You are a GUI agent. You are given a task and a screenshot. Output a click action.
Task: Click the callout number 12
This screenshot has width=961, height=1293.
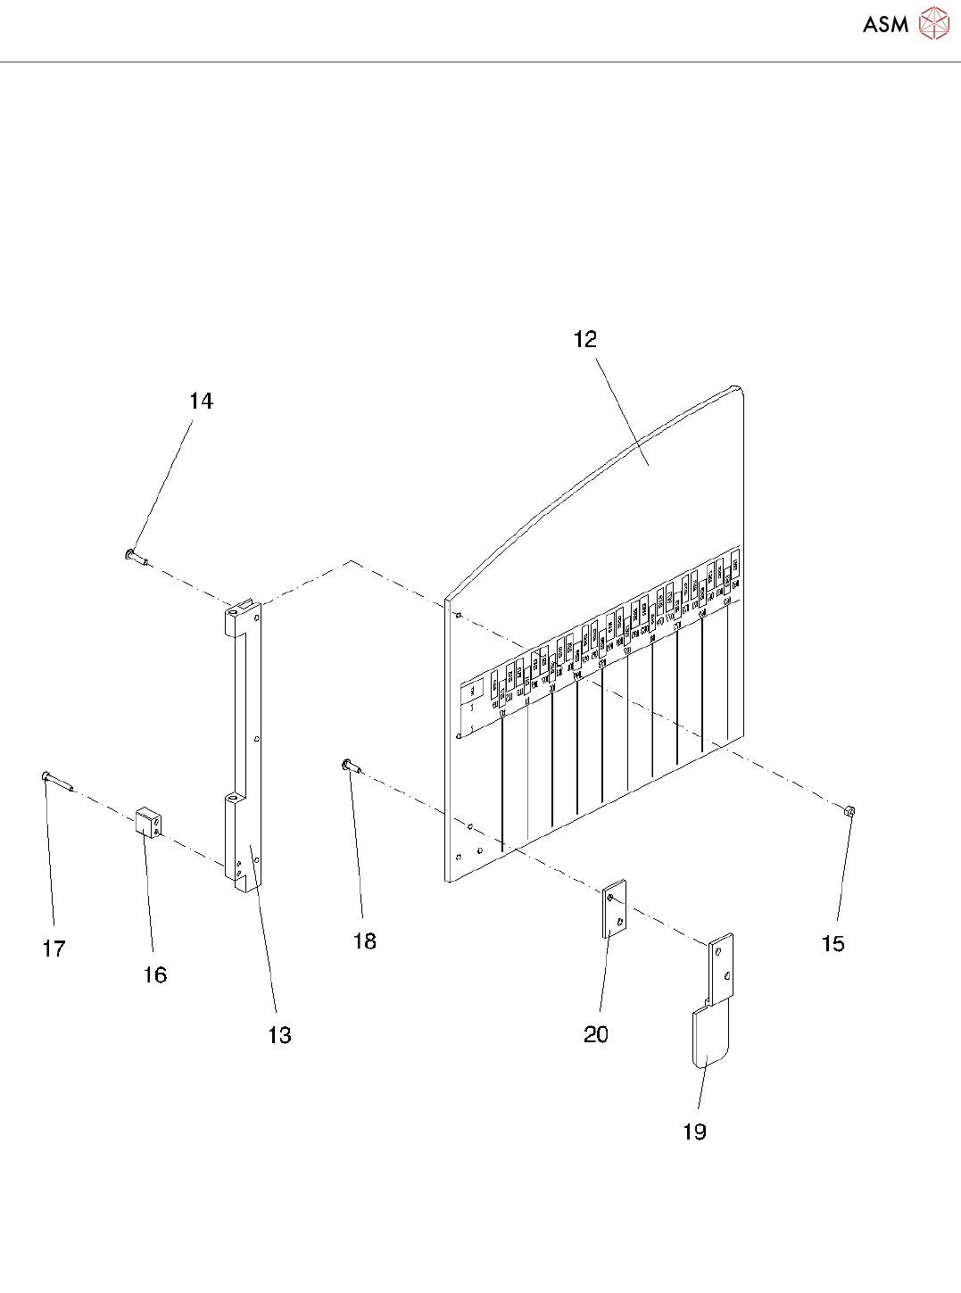coord(585,339)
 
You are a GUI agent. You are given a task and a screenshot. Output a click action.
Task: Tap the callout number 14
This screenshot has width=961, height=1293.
coord(201,402)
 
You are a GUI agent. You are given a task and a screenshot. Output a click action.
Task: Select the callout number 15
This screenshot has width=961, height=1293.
coord(833,944)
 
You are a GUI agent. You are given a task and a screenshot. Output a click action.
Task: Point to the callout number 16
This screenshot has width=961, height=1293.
coord(155,974)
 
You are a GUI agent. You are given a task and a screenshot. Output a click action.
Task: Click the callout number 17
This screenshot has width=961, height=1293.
coord(54,949)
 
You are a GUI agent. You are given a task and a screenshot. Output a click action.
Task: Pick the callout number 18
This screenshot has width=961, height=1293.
coord(365,941)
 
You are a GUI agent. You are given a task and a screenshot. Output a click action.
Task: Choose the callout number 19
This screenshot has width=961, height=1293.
coord(694,1131)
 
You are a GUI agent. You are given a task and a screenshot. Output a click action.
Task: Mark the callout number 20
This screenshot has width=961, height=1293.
coord(595,1034)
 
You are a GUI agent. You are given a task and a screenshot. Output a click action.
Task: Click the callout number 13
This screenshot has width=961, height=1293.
coord(279,1035)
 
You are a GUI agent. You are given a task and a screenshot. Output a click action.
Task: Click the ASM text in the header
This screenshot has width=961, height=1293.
coord(885,25)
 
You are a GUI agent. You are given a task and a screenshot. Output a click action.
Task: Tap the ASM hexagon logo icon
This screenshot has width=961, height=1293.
coord(933,24)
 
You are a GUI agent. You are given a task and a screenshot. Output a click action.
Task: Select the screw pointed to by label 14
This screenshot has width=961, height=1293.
coord(137,558)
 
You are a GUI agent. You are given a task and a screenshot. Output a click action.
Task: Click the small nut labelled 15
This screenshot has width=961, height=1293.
coord(849,811)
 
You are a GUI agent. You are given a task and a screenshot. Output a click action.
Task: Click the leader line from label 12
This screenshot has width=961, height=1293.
coord(621,402)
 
